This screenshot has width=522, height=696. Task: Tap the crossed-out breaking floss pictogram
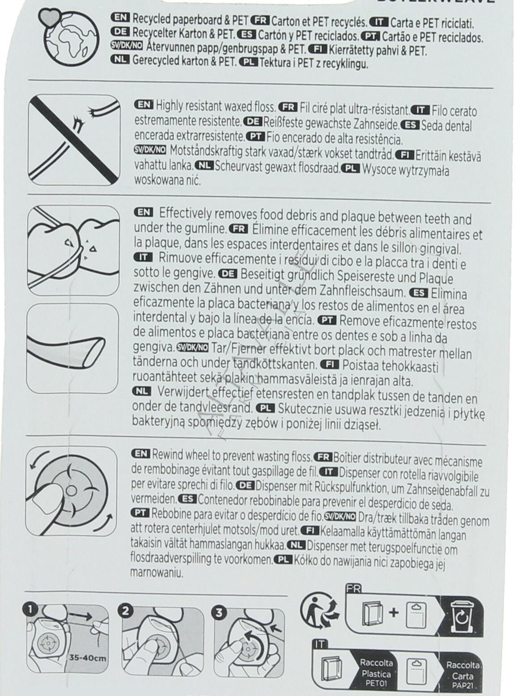pos(74,140)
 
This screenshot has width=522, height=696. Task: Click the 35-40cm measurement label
pos(88,649)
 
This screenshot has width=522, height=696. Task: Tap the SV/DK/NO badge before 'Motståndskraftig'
pos(150,150)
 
